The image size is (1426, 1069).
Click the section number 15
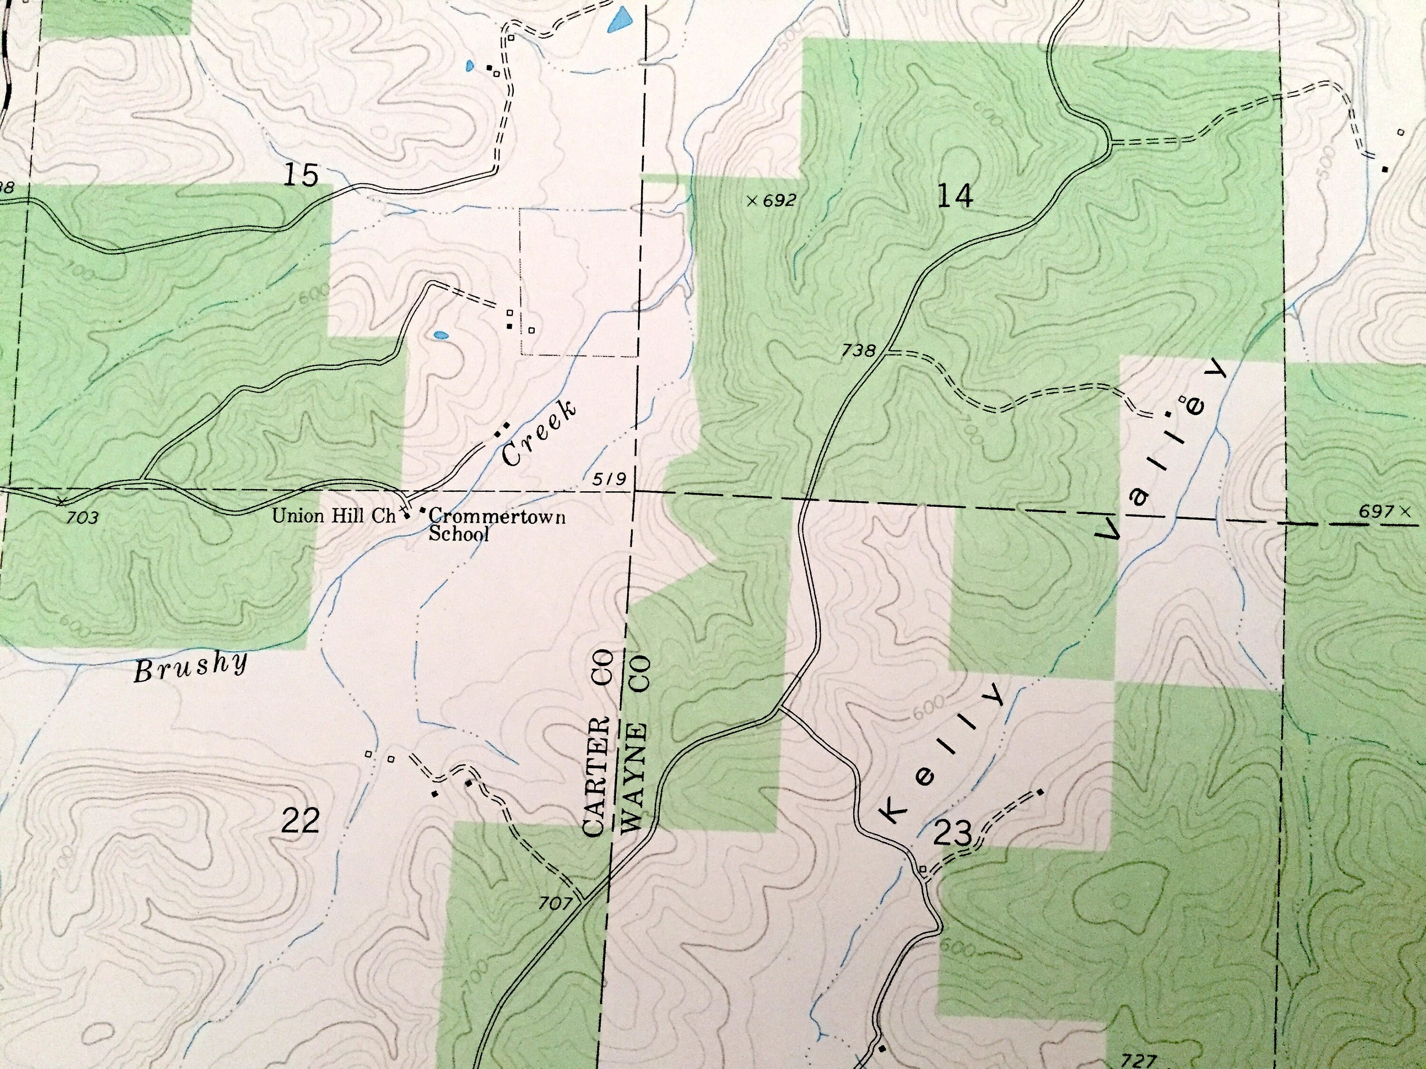(301, 175)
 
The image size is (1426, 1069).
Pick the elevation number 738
(859, 351)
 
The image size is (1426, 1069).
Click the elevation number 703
(83, 517)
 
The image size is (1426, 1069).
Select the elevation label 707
(556, 903)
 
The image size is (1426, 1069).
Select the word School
(459, 534)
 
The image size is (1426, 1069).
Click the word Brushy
(191, 667)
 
